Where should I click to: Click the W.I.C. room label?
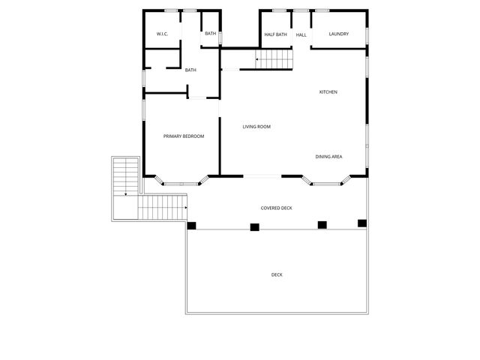[x=162, y=34]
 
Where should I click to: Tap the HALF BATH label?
[x=275, y=34]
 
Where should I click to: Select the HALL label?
[x=301, y=34]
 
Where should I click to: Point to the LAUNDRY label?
[x=338, y=34]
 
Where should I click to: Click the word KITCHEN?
[x=328, y=92]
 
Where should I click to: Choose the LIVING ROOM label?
[x=256, y=127]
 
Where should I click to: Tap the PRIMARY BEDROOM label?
[x=184, y=136]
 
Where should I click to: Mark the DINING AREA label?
[x=328, y=156]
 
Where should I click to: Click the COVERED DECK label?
[x=276, y=208]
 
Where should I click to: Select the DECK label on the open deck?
[x=277, y=274]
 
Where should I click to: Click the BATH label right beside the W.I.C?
[x=211, y=34]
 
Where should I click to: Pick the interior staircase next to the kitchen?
[x=274, y=59]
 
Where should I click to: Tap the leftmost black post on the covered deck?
[x=191, y=226]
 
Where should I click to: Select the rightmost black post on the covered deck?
[x=362, y=223]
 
